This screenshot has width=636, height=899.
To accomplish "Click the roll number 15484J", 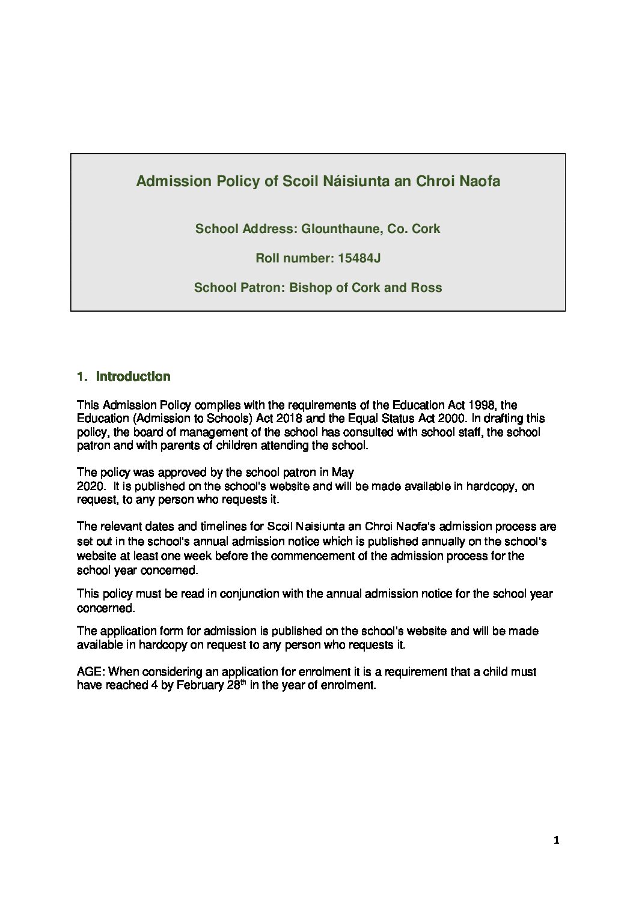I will [359, 258].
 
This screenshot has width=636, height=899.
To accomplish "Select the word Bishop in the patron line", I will [310, 288].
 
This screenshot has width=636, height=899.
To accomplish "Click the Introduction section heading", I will [133, 377].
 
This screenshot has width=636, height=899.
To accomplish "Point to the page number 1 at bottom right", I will [556, 841].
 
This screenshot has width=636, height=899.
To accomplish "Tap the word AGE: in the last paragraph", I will [91, 671].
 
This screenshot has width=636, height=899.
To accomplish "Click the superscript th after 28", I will [243, 682].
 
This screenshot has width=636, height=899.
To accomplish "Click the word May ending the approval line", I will [343, 472].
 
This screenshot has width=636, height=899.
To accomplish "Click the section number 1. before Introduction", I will [82, 377].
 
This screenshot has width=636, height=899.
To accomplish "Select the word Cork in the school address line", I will [426, 229].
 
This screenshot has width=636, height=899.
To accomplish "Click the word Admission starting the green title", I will [165, 181].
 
